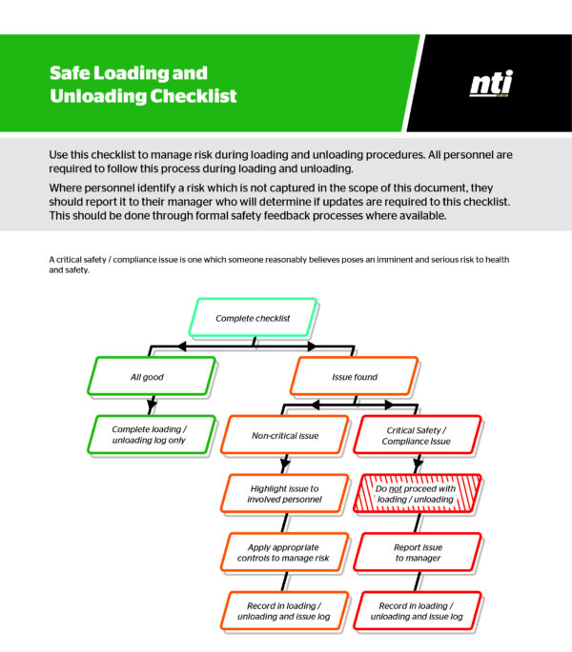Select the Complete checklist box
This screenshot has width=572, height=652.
click(253, 318)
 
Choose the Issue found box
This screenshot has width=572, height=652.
click(354, 377)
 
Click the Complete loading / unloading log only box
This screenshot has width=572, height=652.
click(148, 434)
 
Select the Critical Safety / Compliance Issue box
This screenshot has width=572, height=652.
click(417, 435)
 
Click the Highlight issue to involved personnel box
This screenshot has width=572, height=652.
click(283, 493)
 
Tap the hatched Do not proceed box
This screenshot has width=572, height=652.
click(417, 493)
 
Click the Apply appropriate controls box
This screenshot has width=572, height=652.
click(283, 552)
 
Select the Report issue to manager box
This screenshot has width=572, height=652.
click(417, 552)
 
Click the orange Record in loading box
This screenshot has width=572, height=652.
click(283, 610)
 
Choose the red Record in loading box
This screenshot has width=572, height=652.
click(417, 610)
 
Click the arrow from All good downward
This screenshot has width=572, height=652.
click(151, 405)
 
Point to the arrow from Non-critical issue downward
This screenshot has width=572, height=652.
click(284, 464)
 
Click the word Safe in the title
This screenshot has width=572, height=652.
click(68, 73)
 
